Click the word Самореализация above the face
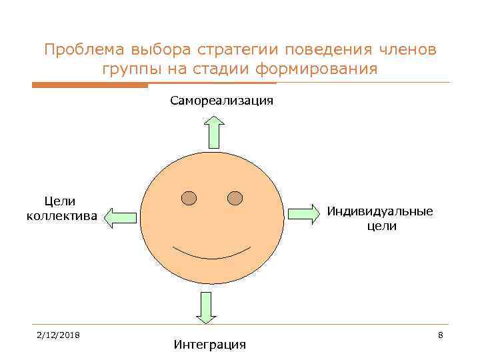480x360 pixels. tap(221, 101)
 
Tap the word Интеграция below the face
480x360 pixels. tap(209, 345)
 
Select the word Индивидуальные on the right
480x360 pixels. tap(379, 211)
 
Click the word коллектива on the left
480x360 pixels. tap(61, 216)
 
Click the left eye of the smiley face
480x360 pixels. tap(189, 199)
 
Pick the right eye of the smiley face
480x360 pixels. tap(235, 198)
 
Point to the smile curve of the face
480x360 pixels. tap(211, 255)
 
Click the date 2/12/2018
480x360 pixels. tap(59, 334)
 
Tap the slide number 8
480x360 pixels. tap(441, 334)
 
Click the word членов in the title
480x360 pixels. tap(403, 50)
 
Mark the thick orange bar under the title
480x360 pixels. tap(90, 85)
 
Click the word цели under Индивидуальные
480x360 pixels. tap(381, 227)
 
